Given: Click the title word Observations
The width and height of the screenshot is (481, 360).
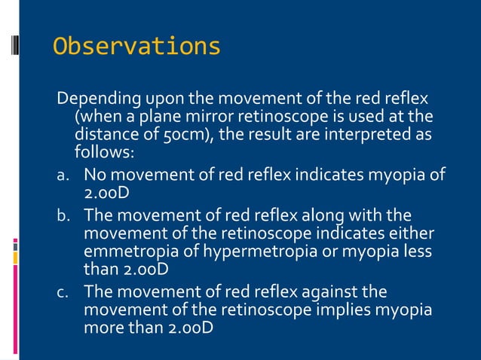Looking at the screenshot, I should click(136, 47).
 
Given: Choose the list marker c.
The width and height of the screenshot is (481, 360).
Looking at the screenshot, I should click(64, 292).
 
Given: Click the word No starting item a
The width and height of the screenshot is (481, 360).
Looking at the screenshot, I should click(95, 176).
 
